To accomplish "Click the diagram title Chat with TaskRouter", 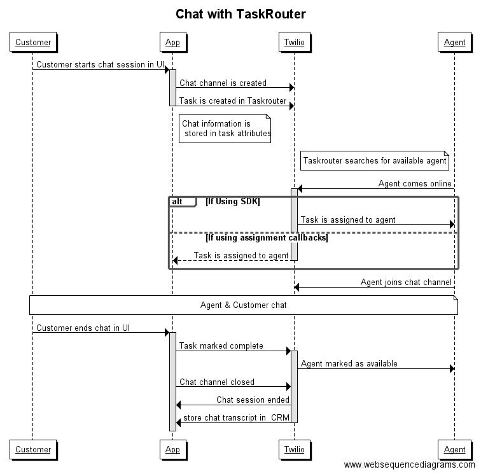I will click(x=240, y=14).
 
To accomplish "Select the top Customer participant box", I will click(x=33, y=43).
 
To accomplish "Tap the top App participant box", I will click(x=172, y=43).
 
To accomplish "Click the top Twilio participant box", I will click(x=294, y=43).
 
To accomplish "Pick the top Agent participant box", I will click(x=454, y=43).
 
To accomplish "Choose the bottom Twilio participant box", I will click(x=294, y=449).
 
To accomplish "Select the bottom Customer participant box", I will click(x=33, y=449).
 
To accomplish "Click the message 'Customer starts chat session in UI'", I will click(x=100, y=65).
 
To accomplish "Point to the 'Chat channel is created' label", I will click(x=223, y=83).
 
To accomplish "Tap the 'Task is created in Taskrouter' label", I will click(x=233, y=101).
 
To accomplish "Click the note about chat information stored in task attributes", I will click(x=225, y=129).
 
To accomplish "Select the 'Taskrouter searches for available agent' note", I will click(x=375, y=161).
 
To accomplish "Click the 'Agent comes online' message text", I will click(x=415, y=184).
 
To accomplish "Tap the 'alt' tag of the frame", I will click(x=178, y=202).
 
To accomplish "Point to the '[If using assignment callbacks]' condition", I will click(x=267, y=238).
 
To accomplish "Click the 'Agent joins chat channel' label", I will click(x=406, y=282).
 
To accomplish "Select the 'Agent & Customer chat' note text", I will click(x=243, y=305).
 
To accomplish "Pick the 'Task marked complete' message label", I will click(x=221, y=346).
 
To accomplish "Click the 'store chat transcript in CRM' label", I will click(x=236, y=418).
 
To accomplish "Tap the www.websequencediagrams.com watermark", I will click(x=410, y=465).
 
